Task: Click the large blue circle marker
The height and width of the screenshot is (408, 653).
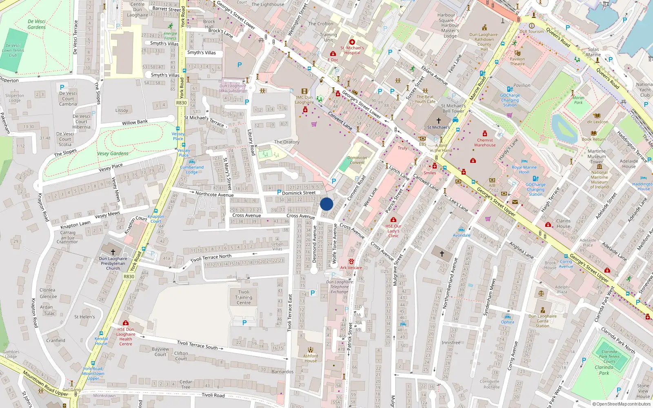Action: (x=326, y=204)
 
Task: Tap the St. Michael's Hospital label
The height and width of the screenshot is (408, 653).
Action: (x=352, y=50)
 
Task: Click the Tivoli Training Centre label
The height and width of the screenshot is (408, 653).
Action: (x=244, y=297)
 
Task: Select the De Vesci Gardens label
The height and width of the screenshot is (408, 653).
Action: (x=37, y=24)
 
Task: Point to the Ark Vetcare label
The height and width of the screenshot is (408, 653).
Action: (x=351, y=268)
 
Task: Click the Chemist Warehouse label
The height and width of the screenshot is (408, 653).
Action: (x=485, y=142)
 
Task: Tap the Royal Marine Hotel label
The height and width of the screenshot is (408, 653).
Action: (x=524, y=169)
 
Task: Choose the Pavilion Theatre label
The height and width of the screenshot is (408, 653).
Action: (x=517, y=61)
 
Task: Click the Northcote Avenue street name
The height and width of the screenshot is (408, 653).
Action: (x=214, y=194)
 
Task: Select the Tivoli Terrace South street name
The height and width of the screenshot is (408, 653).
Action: (x=198, y=345)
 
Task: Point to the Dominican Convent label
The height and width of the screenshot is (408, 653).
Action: (x=357, y=160)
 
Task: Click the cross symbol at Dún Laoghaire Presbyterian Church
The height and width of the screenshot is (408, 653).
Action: (x=113, y=252)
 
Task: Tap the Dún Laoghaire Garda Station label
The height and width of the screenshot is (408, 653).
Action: (x=542, y=321)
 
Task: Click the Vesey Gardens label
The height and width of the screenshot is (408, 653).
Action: (x=113, y=154)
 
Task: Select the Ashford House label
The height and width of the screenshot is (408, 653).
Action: (x=311, y=358)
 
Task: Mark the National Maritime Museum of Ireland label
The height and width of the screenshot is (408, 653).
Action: (x=599, y=180)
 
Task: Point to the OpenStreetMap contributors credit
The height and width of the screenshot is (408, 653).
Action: (x=621, y=404)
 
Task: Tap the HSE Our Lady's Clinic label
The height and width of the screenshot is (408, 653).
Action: (x=393, y=231)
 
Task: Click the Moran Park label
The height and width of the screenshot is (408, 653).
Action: (x=578, y=100)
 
